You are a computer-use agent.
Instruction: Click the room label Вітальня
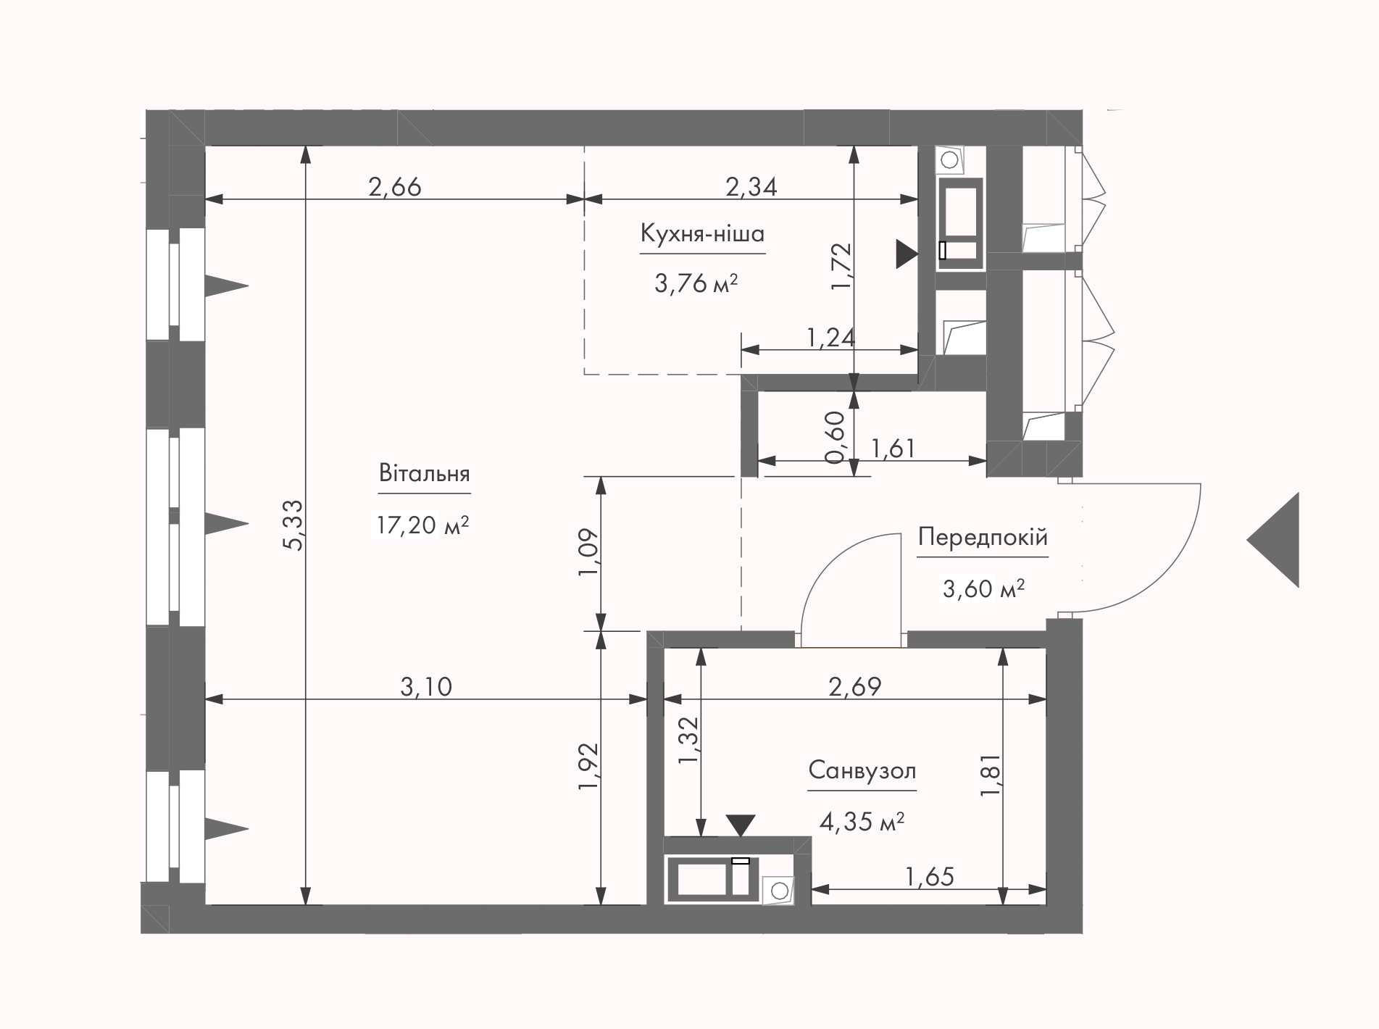tap(424, 474)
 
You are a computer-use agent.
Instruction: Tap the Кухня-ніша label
tap(702, 234)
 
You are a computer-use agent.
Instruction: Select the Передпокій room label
tap(983, 538)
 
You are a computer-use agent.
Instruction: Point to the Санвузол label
tap(862, 770)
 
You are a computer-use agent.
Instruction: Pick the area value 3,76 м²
tap(696, 283)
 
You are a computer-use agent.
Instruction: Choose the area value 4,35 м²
tap(862, 822)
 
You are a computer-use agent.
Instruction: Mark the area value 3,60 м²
tap(983, 588)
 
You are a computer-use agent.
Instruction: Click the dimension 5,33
tap(294, 525)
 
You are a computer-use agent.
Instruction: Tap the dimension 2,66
tap(395, 187)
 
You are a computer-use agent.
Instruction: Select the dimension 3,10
tap(426, 686)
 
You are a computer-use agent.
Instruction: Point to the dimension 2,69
tap(855, 686)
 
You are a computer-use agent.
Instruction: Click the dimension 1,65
tap(930, 877)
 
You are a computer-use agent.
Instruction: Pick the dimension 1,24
tap(831, 337)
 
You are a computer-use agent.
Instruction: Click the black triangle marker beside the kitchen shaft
tap(907, 254)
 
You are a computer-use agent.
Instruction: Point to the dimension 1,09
tap(588, 552)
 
